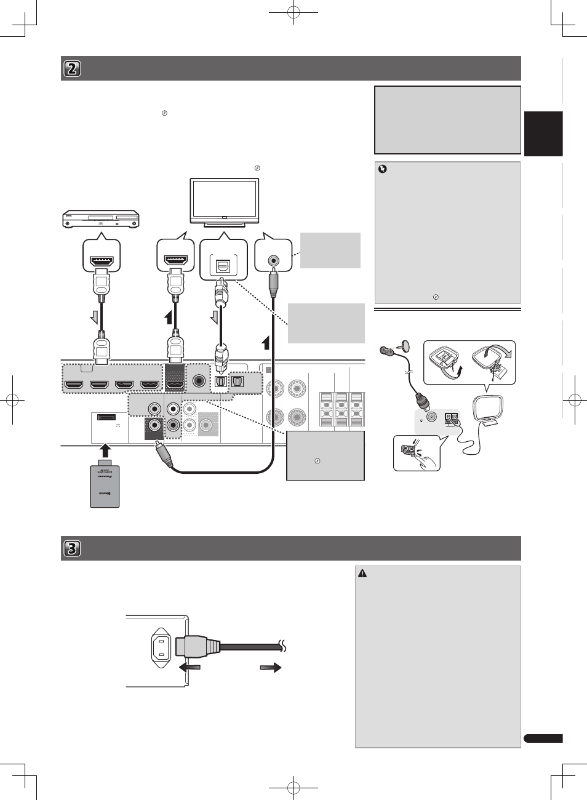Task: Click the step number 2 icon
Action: point(72,68)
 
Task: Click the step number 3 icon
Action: point(72,548)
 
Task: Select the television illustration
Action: point(225,202)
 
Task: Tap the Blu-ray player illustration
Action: point(101,218)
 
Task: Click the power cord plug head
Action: point(197,647)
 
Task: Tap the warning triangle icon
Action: point(362,574)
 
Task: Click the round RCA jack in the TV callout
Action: point(273,260)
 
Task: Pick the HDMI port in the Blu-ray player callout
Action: point(102,261)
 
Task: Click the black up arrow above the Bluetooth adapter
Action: point(105,449)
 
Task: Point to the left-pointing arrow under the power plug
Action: point(189,667)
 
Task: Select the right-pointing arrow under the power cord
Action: point(271,667)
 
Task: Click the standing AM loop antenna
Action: point(487,409)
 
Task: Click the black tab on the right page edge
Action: point(543,134)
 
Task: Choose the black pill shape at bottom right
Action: point(543,738)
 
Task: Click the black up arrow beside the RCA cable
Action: point(265,342)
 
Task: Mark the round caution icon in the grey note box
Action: point(382,169)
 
